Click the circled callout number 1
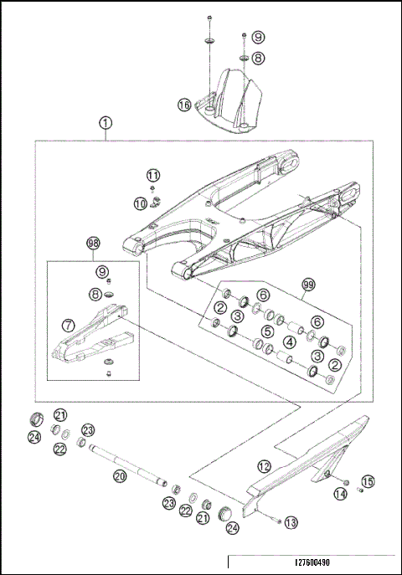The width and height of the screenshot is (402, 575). coord(106,123)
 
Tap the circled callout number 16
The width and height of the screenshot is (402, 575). coord(184,105)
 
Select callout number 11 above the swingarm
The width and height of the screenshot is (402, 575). coord(152,175)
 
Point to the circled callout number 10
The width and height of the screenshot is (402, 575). coord(140,203)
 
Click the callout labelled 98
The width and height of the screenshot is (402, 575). coord(94,244)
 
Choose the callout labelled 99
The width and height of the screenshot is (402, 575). coord(307,285)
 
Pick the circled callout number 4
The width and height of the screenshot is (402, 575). coord(288,341)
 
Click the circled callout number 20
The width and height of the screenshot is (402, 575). coord(120,475)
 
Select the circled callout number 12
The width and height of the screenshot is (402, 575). coord(264,465)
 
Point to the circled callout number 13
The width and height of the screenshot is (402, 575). coord(291,522)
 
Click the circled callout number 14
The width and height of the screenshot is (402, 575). coord(340,495)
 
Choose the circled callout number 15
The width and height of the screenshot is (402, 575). coord(367,480)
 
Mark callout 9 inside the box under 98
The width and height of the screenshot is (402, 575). coord(102,272)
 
